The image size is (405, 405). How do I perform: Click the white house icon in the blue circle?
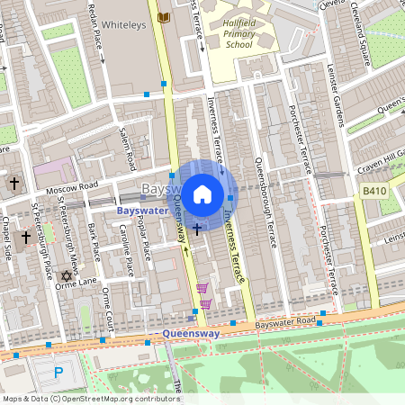202,193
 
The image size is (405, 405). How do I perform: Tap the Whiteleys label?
123,28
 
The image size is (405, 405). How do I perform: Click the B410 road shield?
373,192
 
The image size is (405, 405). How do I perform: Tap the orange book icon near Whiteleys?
163,17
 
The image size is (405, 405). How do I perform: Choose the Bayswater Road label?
286,322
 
